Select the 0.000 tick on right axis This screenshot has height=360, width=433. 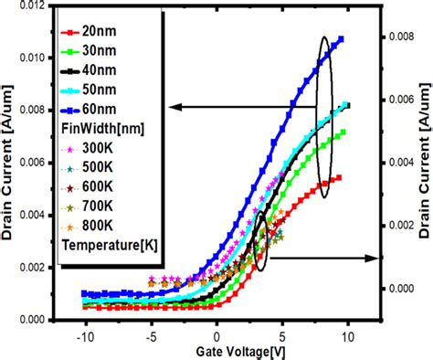tap(396, 288)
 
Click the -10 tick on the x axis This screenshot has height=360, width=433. tap(85, 335)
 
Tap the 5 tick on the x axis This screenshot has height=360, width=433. tap(282, 335)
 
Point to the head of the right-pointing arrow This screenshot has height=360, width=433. tap(374, 259)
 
